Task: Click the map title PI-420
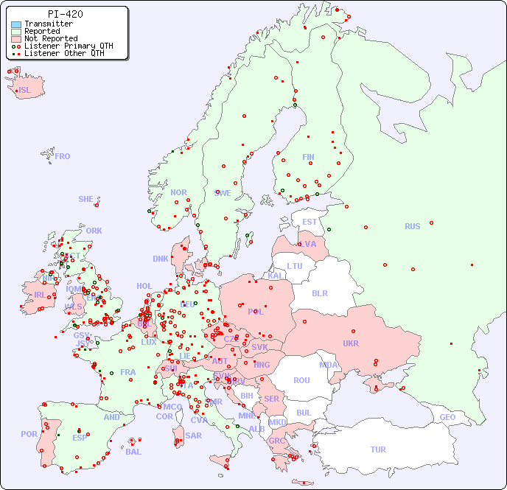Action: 65,14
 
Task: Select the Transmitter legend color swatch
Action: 16,24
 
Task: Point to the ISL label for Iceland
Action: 25,91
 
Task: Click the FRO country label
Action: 63,156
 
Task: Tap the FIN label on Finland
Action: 308,157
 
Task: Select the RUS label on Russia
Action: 412,226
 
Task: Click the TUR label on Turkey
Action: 378,449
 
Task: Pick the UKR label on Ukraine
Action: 350,343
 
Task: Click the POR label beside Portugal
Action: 29,434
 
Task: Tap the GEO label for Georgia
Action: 447,417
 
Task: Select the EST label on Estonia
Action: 310,222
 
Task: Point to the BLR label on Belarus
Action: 319,293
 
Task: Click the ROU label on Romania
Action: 301,380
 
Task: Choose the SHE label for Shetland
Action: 86,199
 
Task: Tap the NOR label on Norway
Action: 178,192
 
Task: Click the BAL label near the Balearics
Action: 133,452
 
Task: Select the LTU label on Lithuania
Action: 295,266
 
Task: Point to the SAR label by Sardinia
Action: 193,435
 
